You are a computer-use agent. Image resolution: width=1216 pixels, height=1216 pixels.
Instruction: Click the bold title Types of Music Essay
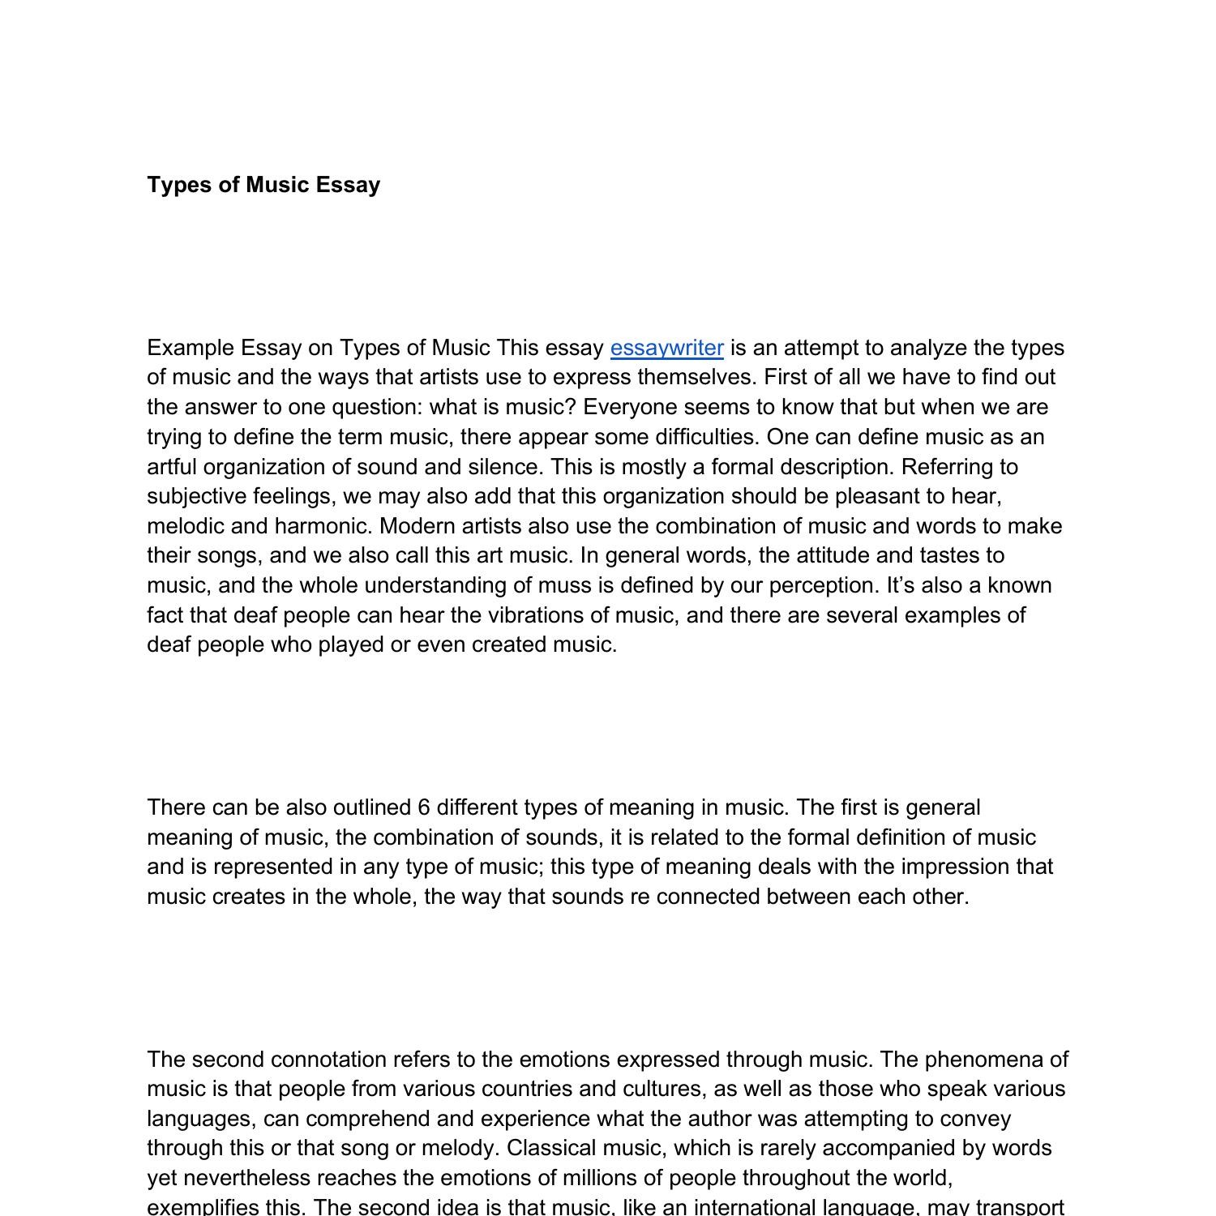pyautogui.click(x=263, y=185)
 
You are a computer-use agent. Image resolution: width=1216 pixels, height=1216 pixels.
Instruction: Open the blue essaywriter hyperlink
pyautogui.click(x=666, y=348)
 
